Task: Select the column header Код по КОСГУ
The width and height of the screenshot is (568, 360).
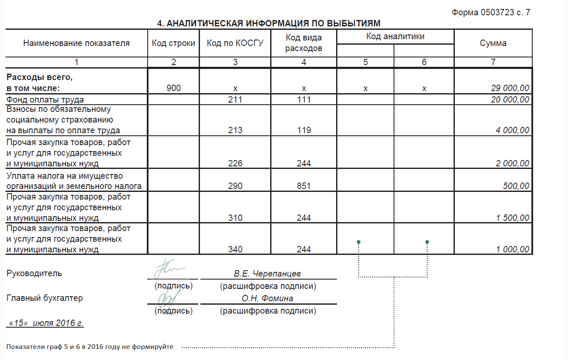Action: (235, 43)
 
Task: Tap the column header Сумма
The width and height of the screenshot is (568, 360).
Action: (493, 43)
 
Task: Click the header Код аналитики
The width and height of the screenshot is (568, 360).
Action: (395, 37)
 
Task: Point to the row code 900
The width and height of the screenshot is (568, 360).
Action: (174, 88)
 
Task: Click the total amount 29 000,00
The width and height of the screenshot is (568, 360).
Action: (510, 88)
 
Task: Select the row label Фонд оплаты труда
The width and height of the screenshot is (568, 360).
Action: (45, 100)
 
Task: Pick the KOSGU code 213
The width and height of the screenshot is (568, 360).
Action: (235, 130)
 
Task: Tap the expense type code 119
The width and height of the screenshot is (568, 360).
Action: (304, 130)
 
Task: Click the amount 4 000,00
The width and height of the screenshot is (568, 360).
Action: (513, 130)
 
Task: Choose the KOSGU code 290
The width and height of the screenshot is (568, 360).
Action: (235, 186)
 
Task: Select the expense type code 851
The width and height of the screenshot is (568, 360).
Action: (304, 186)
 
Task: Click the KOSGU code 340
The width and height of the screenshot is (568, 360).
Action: (235, 249)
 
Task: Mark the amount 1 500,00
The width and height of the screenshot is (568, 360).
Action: (513, 218)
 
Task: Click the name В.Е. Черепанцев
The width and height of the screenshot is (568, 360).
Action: (267, 274)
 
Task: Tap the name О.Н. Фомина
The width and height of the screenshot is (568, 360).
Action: (267, 298)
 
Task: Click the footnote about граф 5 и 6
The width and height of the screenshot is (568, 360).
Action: (90, 347)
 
